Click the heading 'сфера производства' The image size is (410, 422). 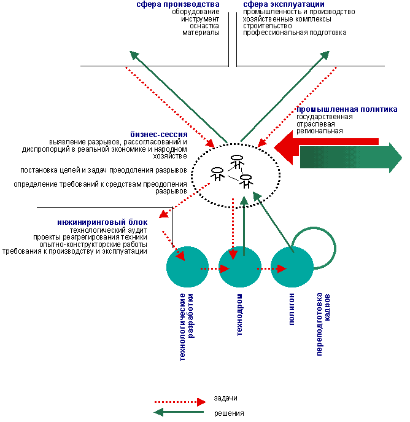point(178,4)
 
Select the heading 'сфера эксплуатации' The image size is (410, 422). point(284,4)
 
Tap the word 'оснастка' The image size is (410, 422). point(204,26)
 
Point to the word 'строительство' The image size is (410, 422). point(268,26)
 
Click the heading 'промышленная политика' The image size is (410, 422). point(347,109)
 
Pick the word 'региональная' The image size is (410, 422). point(320,131)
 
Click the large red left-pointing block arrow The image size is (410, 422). point(326,147)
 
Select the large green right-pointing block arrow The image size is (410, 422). point(351,158)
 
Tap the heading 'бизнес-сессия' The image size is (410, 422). point(159,135)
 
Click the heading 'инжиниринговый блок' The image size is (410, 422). point(102,222)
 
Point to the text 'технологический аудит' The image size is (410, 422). point(109,230)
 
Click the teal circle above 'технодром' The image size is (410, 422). point(240,267)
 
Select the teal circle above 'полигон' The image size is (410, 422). point(292,267)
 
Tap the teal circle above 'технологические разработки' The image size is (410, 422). point(187,267)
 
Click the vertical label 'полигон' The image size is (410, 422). point(292,309)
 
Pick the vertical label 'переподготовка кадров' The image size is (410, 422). point(323,324)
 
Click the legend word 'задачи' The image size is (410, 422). point(226,398)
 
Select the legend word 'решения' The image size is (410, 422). point(229,413)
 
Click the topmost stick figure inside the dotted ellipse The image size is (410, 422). point(237,161)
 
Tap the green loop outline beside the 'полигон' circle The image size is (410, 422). point(335,248)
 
